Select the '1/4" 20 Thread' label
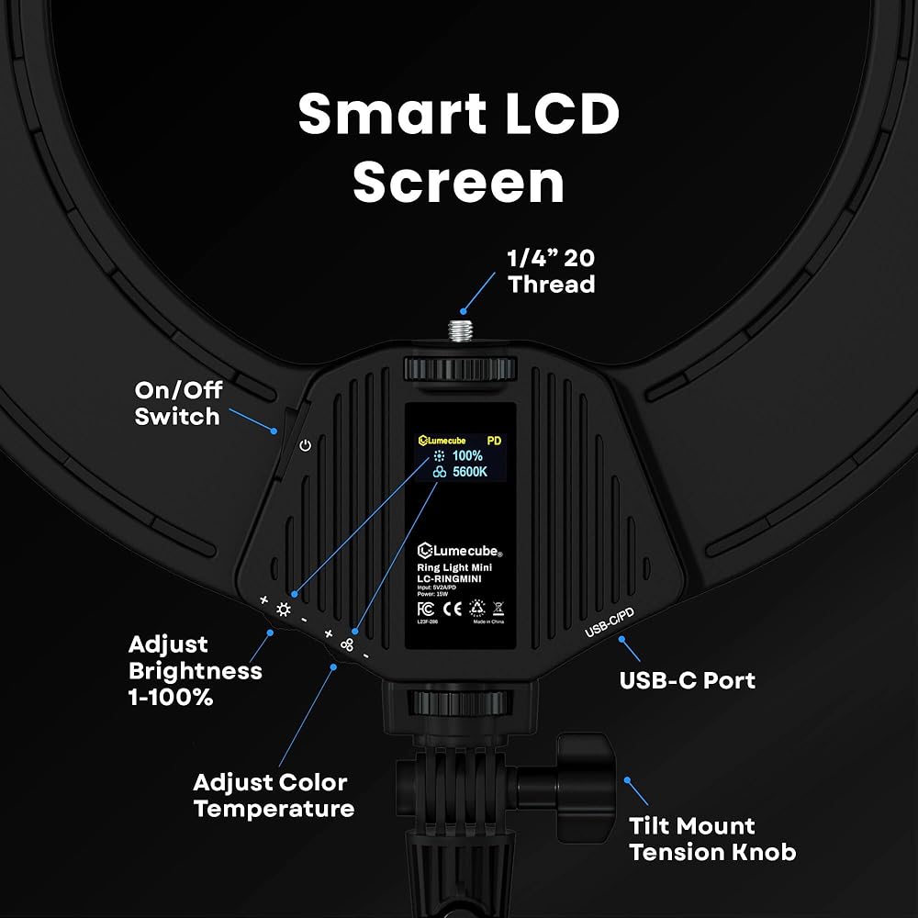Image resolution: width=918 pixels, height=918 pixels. (x=551, y=271)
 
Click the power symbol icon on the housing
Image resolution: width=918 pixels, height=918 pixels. (x=306, y=446)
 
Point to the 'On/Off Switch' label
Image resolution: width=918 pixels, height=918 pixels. (x=177, y=403)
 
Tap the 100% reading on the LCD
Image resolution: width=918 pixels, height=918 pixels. (x=467, y=455)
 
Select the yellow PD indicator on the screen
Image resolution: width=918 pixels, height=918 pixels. (x=494, y=440)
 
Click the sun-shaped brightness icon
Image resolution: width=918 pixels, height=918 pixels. (x=283, y=610)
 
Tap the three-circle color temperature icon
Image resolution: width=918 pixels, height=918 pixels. (x=347, y=644)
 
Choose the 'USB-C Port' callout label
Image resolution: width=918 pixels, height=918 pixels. (x=688, y=680)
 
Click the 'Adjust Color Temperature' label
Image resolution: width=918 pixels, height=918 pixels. (x=273, y=795)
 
